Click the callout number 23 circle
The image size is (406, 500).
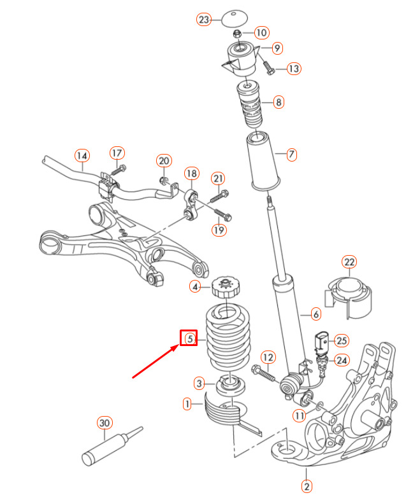click(203, 20)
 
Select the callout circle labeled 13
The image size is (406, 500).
click(293, 68)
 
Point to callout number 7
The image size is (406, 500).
click(291, 154)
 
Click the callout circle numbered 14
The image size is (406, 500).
click(82, 155)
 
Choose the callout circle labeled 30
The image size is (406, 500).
click(105, 422)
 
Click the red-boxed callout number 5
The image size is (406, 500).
click(189, 340)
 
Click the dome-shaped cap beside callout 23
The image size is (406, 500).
click(235, 17)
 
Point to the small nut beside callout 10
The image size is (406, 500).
click(237, 33)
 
